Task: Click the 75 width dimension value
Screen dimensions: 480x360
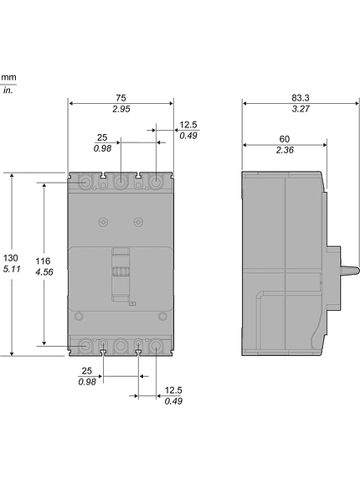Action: coord(121,96)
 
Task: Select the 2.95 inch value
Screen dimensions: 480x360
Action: coord(121,110)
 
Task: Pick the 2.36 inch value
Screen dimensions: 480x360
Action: coord(285,151)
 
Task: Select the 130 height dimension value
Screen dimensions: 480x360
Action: coord(10,257)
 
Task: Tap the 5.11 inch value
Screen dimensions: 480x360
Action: coord(10,270)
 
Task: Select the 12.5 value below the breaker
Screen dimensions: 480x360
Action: coord(174,390)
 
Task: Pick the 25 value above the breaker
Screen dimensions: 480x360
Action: coord(102,137)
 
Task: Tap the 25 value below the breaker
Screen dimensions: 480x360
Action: coord(86,370)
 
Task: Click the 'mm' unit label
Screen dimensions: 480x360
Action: coord(8,78)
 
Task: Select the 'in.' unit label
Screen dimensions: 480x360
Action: coord(8,90)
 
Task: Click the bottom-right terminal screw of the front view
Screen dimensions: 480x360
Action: coord(156,344)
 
